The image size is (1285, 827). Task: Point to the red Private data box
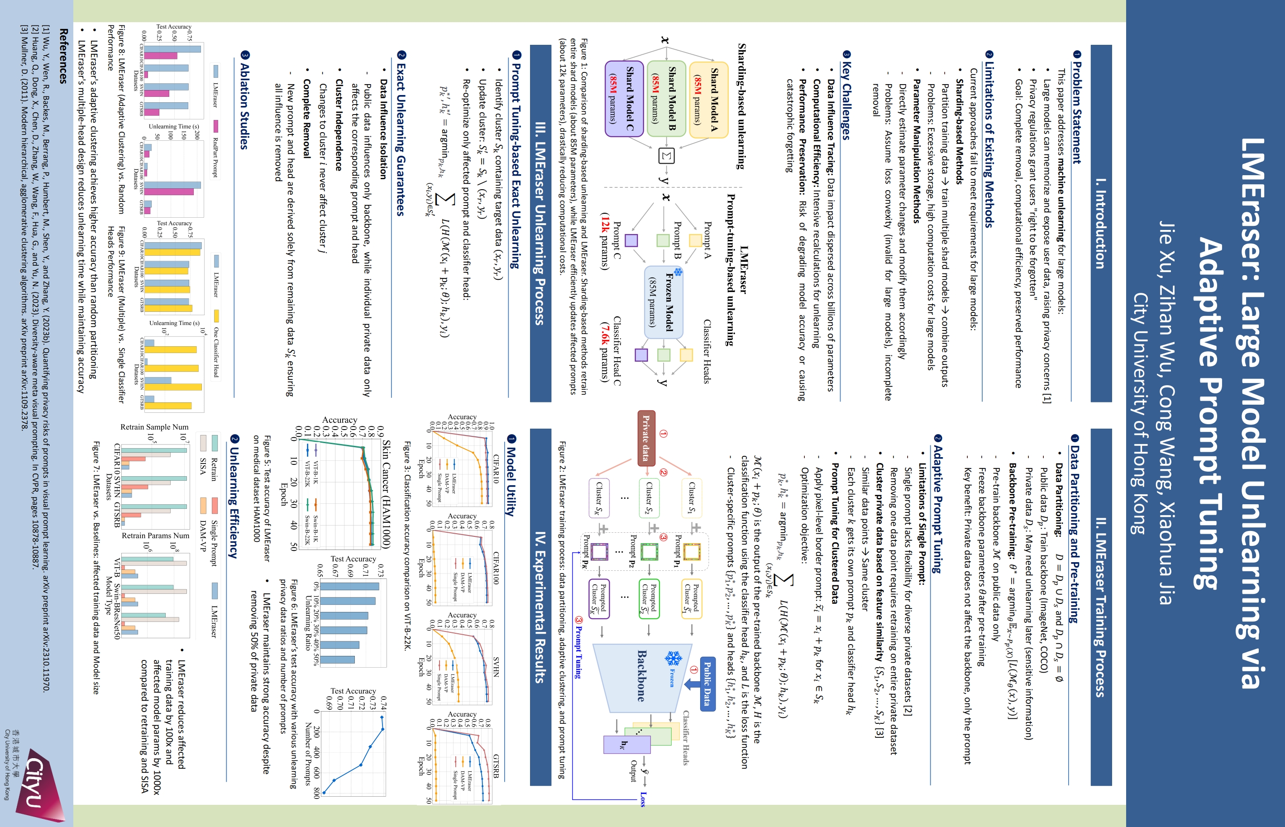click(646, 438)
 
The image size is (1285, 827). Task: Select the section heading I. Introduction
click(1100, 223)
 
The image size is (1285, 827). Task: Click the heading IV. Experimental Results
click(540, 607)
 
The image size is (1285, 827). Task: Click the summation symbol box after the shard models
click(666, 156)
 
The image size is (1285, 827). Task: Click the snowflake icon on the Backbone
click(672, 658)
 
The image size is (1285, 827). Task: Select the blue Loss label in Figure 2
click(643, 798)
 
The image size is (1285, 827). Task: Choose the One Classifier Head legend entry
click(216, 344)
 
